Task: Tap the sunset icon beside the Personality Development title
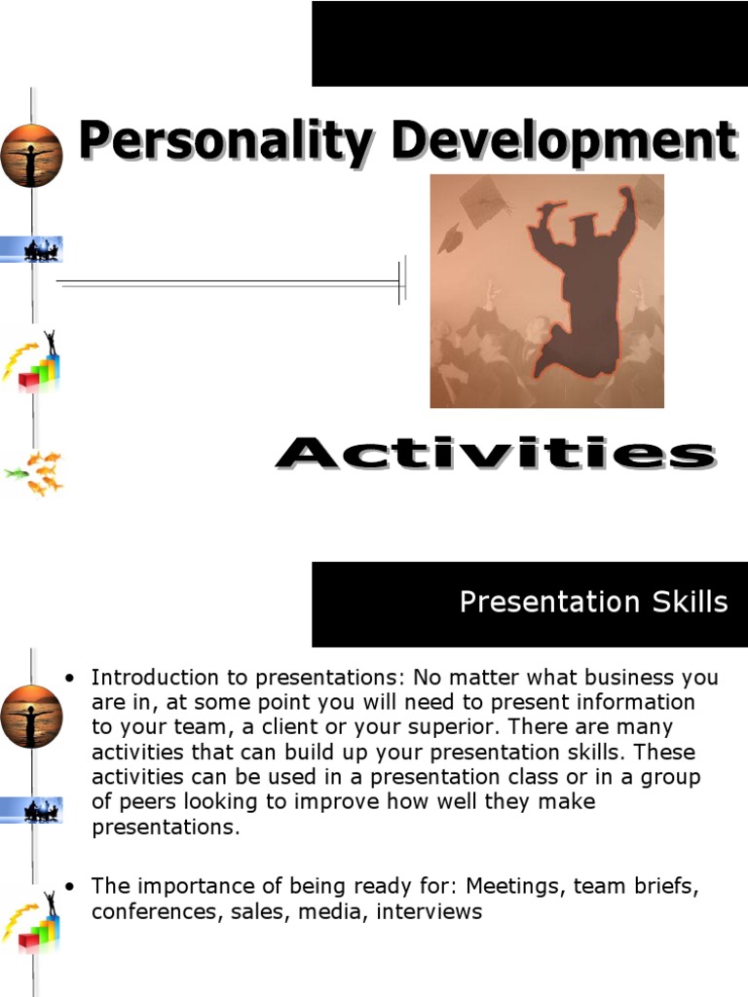[31, 155]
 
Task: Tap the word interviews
[430, 912]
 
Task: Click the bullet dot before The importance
[69, 887]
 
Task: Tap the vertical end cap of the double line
[401, 282]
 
